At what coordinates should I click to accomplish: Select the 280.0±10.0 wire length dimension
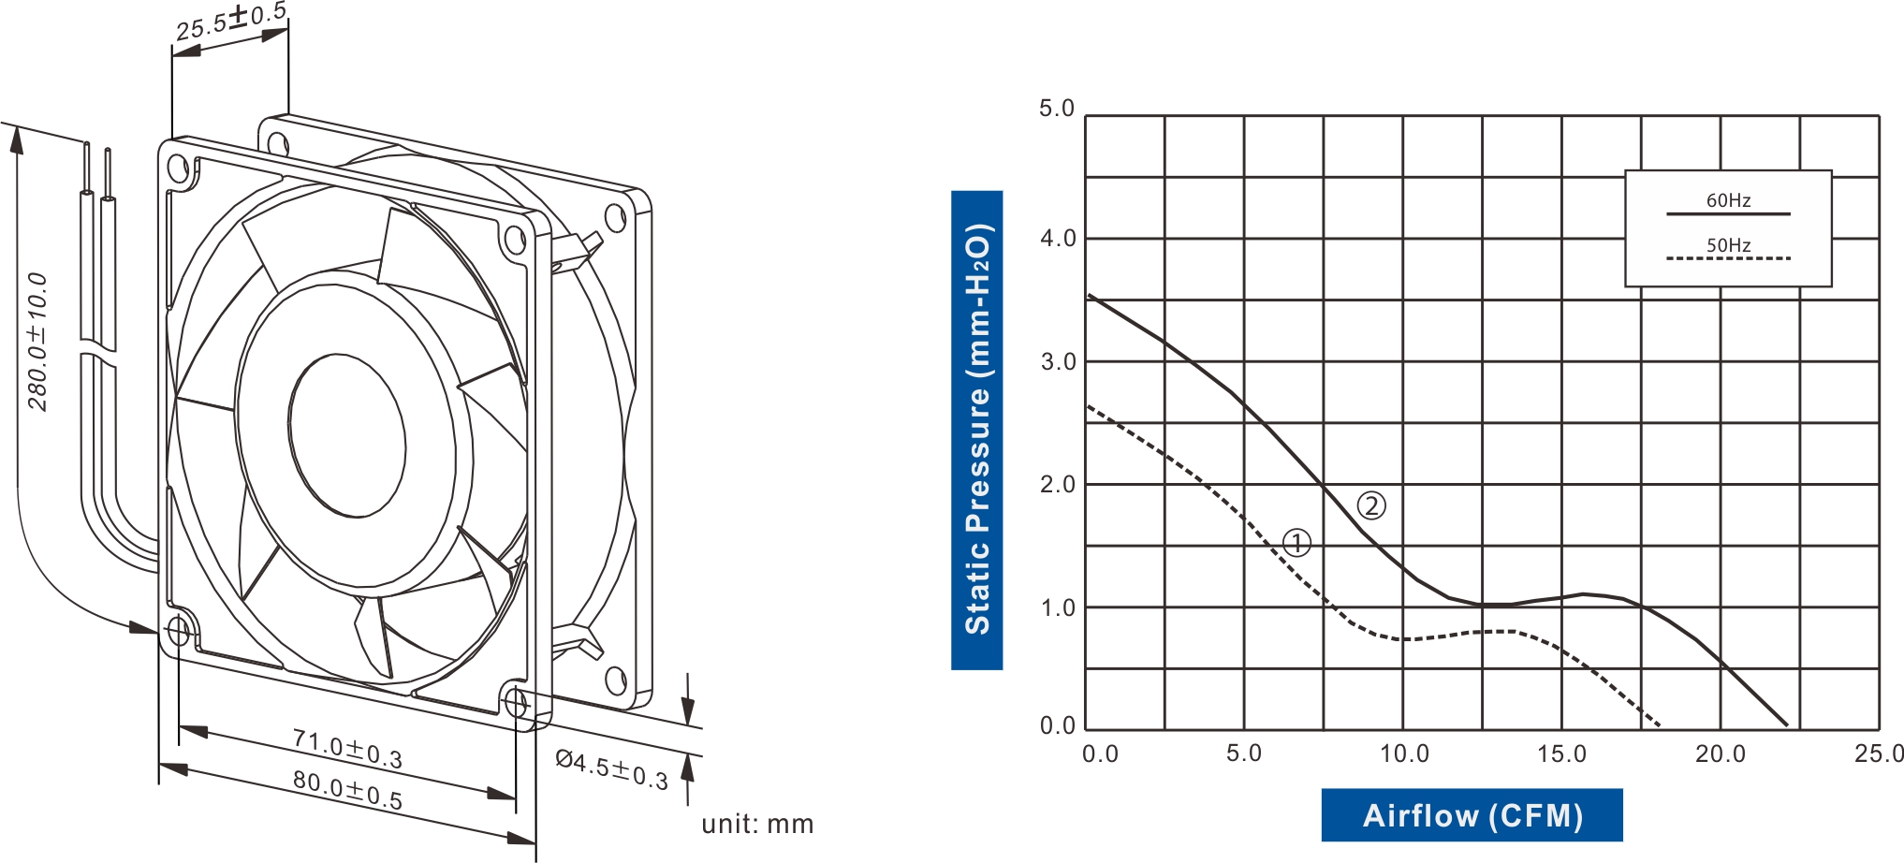pyautogui.click(x=37, y=342)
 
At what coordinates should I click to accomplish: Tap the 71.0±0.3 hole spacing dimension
pyautogui.click(x=347, y=749)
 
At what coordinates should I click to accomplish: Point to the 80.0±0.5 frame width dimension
pyautogui.click(x=347, y=790)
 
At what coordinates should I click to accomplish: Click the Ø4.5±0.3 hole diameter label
pyautogui.click(x=611, y=768)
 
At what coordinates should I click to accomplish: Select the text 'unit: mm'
pyautogui.click(x=757, y=825)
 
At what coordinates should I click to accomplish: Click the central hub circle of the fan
pyautogui.click(x=346, y=436)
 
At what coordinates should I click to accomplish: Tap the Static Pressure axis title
pyautogui.click(x=976, y=430)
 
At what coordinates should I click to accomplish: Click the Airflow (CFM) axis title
pyautogui.click(x=1472, y=815)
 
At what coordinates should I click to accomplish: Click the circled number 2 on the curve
pyautogui.click(x=1371, y=506)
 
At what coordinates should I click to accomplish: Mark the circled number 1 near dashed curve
pyautogui.click(x=1296, y=543)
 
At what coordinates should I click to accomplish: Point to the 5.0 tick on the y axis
pyautogui.click(x=1057, y=109)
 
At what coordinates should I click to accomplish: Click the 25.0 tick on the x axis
pyautogui.click(x=1879, y=753)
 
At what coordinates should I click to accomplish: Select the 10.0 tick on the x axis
pyautogui.click(x=1404, y=753)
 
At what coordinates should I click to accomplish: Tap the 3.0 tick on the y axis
pyautogui.click(x=1058, y=362)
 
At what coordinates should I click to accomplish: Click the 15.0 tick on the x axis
pyautogui.click(x=1561, y=753)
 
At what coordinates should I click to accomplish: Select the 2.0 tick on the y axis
pyautogui.click(x=1058, y=485)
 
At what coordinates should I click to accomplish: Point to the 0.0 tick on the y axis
pyautogui.click(x=1058, y=725)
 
